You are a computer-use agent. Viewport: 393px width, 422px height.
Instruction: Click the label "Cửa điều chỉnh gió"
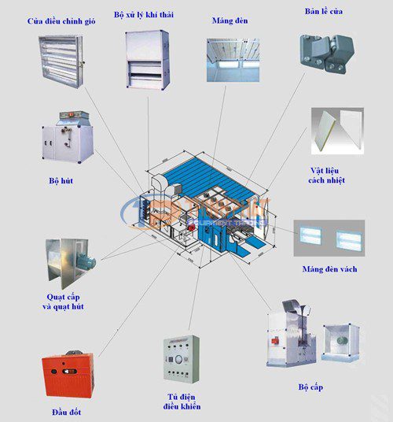pyautogui.click(x=61, y=20)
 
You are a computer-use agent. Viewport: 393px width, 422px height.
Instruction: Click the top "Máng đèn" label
pyautogui.click(x=230, y=20)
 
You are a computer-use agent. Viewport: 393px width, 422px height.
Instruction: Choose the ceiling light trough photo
pyautogui.click(x=233, y=60)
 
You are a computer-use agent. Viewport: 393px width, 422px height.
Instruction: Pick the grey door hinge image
pyautogui.click(x=323, y=52)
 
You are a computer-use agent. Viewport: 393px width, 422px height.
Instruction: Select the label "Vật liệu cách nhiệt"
pyautogui.click(x=327, y=175)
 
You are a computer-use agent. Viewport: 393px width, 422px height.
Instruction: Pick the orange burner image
pyautogui.click(x=69, y=375)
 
